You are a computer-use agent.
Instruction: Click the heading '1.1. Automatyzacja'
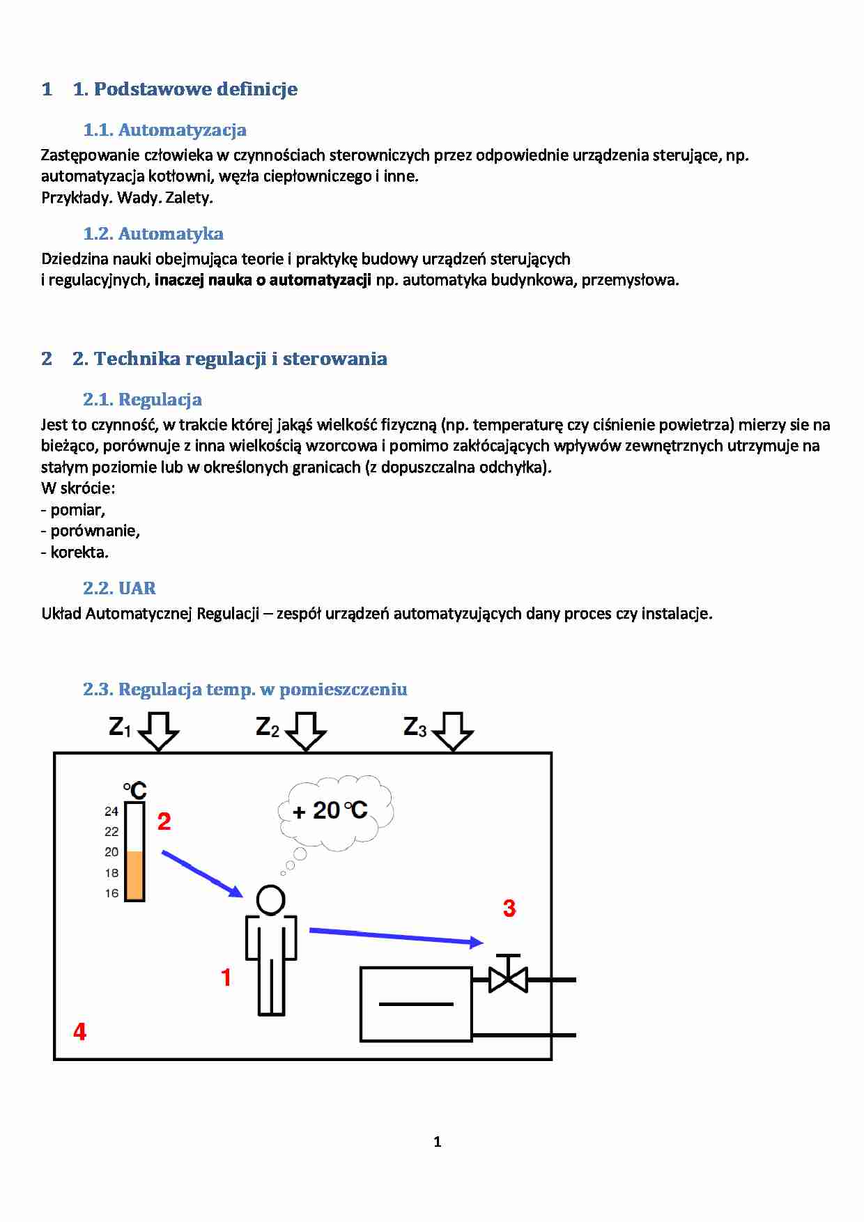(164, 130)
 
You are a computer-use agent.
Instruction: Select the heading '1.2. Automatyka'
(153, 234)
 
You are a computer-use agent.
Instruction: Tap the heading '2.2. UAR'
(119, 589)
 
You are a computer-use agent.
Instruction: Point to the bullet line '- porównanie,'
(91, 531)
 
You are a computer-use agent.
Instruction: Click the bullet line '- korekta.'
(75, 552)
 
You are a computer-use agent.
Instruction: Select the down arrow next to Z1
(159, 731)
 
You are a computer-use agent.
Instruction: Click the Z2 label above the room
(267, 727)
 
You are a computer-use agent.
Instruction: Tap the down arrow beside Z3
(453, 731)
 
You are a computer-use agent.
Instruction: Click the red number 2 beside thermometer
(164, 821)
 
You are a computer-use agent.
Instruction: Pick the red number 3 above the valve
(509, 908)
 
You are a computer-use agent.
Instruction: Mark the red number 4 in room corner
(79, 1032)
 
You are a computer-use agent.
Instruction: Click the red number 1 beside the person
(226, 977)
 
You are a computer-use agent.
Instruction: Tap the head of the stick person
(270, 899)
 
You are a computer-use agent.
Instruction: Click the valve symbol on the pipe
(508, 978)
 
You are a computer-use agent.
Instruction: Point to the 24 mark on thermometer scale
(111, 812)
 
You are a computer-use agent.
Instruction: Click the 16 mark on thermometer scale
(111, 893)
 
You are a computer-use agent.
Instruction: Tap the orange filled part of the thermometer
(134, 875)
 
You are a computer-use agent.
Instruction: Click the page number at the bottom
(437, 1142)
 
